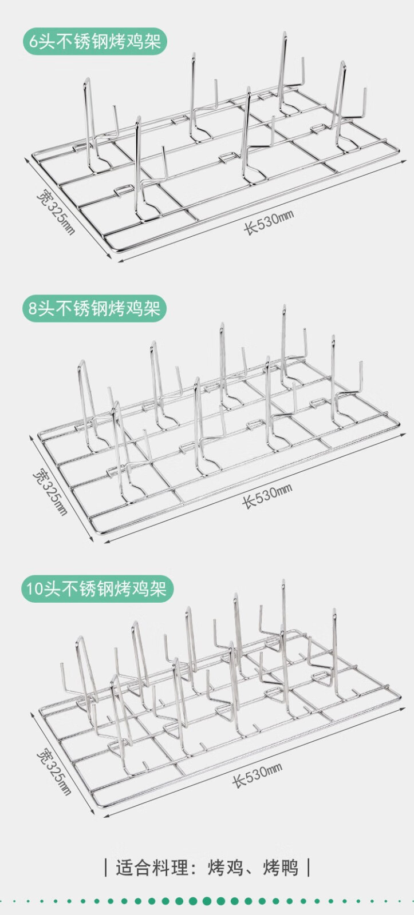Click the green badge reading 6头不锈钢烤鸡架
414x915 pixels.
pos(95,42)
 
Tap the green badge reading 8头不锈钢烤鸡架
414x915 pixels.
pos(94,308)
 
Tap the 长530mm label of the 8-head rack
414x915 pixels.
pos(267,496)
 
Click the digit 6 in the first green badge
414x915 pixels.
pos(34,42)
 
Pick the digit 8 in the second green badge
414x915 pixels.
pos(33,309)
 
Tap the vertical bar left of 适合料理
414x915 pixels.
pos(106,868)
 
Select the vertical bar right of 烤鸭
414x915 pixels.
pos(309,868)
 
